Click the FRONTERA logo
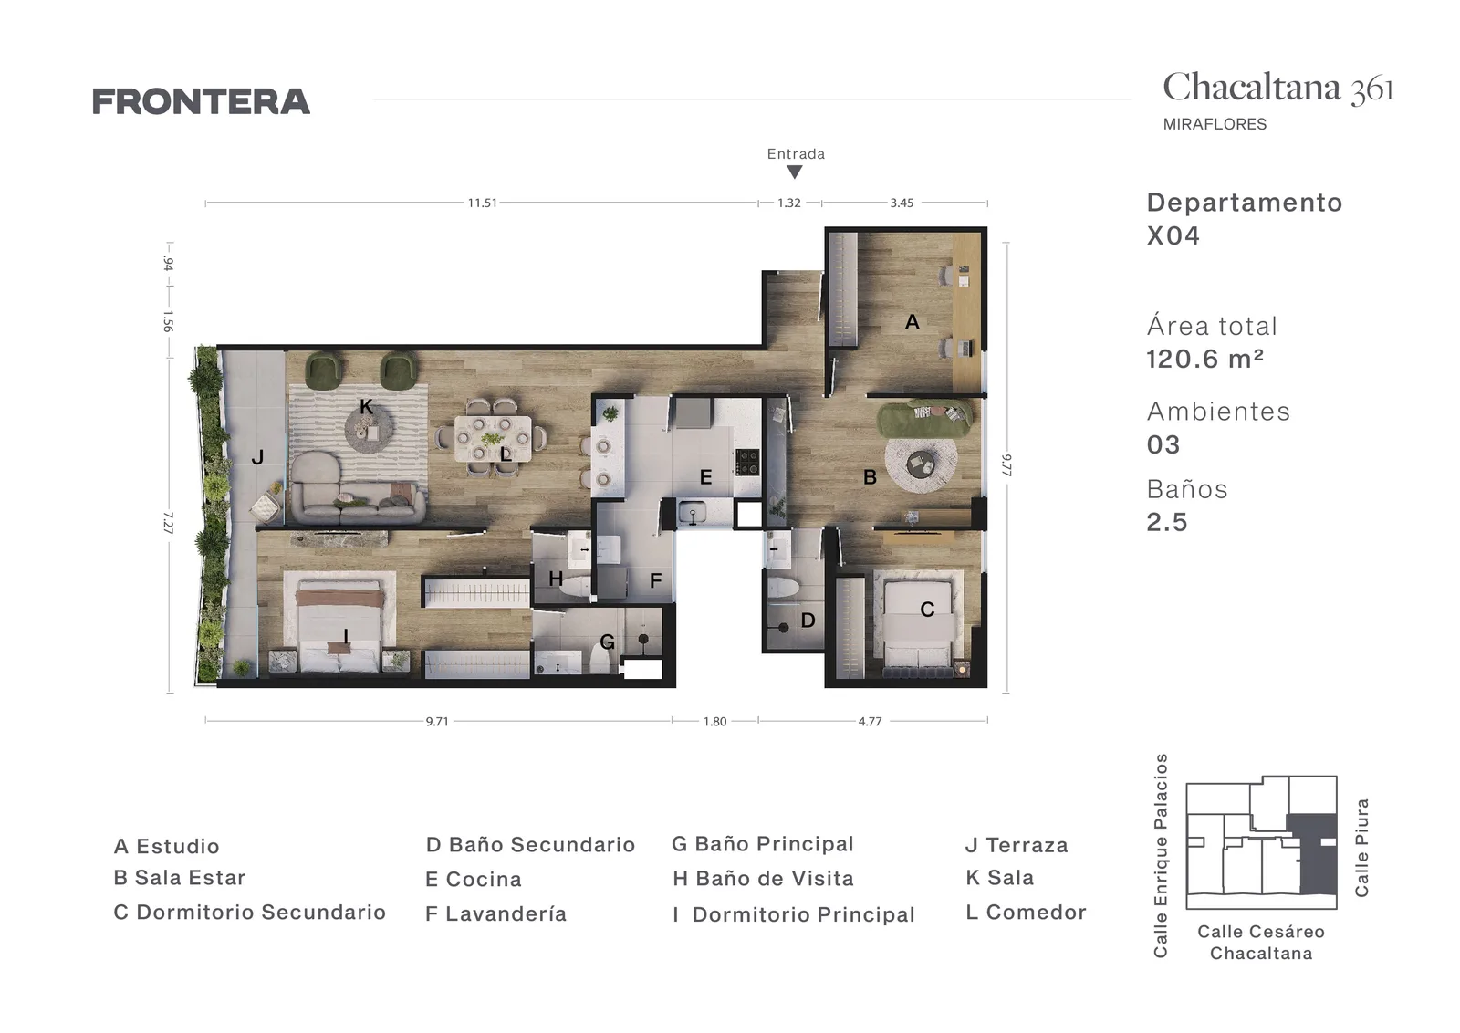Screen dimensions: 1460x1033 (201, 101)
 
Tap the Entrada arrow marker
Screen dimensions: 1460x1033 (794, 172)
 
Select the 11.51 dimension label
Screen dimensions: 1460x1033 (483, 203)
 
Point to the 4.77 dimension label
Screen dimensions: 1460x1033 (871, 722)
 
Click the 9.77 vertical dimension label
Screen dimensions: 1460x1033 (1006, 465)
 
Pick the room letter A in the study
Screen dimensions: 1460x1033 (912, 322)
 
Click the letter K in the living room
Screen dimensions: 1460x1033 (366, 407)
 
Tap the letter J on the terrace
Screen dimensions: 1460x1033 (257, 457)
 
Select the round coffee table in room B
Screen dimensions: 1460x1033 (922, 464)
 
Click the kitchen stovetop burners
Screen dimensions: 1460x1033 (747, 462)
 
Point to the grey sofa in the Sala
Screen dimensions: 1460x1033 (357, 489)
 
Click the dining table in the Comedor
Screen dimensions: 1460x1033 (493, 439)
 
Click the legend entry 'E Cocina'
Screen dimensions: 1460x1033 (474, 879)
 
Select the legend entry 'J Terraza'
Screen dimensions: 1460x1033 (1017, 845)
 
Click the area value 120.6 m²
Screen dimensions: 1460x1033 (1205, 360)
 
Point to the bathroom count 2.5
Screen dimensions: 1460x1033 (1167, 522)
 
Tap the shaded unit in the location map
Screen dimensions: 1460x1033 (1313, 854)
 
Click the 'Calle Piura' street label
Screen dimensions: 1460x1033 (1361, 847)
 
